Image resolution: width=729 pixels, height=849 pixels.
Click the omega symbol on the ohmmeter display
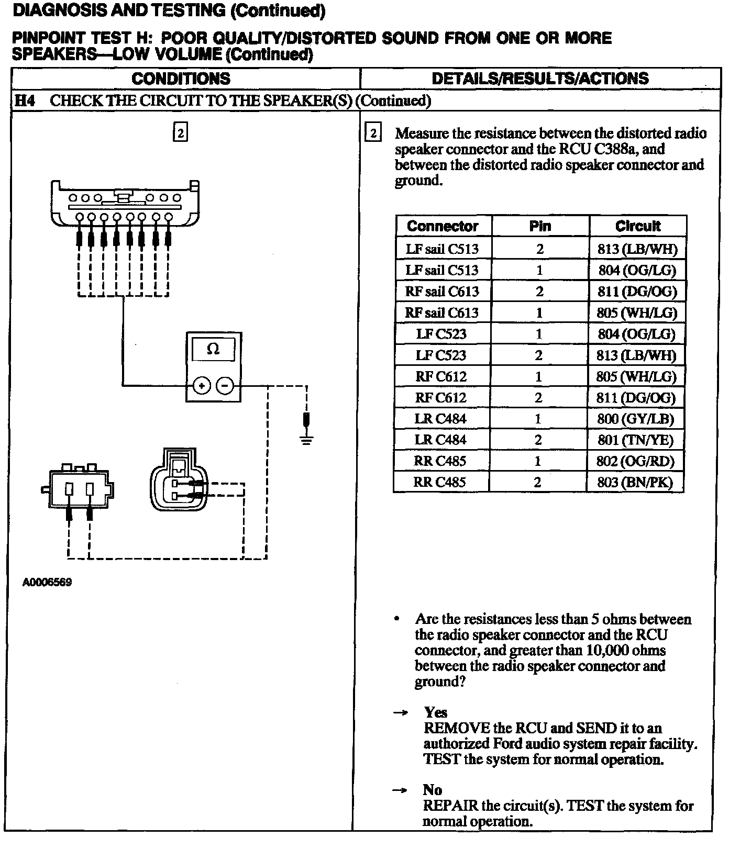click(213, 349)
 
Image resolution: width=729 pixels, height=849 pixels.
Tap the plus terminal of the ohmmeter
click(202, 386)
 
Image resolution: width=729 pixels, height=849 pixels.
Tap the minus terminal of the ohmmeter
click(225, 386)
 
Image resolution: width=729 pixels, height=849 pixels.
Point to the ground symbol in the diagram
click(306, 439)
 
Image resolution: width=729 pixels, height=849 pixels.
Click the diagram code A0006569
click(47, 582)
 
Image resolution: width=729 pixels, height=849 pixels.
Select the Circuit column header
click(637, 226)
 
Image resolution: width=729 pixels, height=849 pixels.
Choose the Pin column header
click(540, 226)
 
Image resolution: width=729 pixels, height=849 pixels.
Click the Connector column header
click(443, 226)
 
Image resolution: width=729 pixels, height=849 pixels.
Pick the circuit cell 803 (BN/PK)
click(635, 482)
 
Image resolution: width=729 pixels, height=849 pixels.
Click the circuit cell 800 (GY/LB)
click(635, 419)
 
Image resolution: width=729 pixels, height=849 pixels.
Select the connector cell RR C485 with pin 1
click(440, 461)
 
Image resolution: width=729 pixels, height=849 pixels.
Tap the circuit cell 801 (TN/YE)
click(635, 440)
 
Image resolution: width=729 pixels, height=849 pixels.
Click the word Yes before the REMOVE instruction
click(436, 712)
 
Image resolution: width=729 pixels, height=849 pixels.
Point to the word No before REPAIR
click(433, 790)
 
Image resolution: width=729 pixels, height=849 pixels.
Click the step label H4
click(25, 100)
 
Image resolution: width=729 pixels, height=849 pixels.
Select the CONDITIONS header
click(181, 79)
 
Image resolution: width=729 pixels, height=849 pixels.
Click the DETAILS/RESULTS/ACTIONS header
click(540, 79)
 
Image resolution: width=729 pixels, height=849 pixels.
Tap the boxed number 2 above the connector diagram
click(180, 133)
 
